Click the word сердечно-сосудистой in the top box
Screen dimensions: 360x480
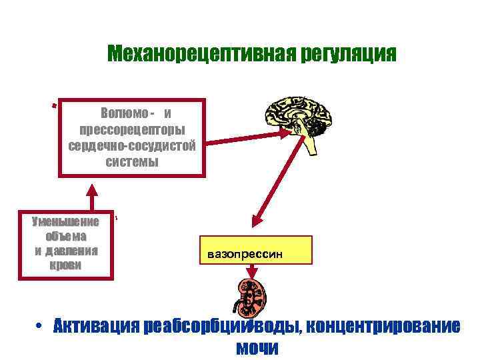pyautogui.click(x=132, y=145)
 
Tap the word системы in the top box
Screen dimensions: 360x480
pyautogui.click(x=132, y=162)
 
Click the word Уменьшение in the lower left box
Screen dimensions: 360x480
pyautogui.click(x=66, y=221)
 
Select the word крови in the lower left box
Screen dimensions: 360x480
pyautogui.click(x=66, y=265)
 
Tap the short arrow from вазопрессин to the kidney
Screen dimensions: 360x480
pyautogui.click(x=253, y=272)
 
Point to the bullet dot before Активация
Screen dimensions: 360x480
pyautogui.click(x=41, y=327)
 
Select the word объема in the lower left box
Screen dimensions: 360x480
pyautogui.click(x=66, y=236)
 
